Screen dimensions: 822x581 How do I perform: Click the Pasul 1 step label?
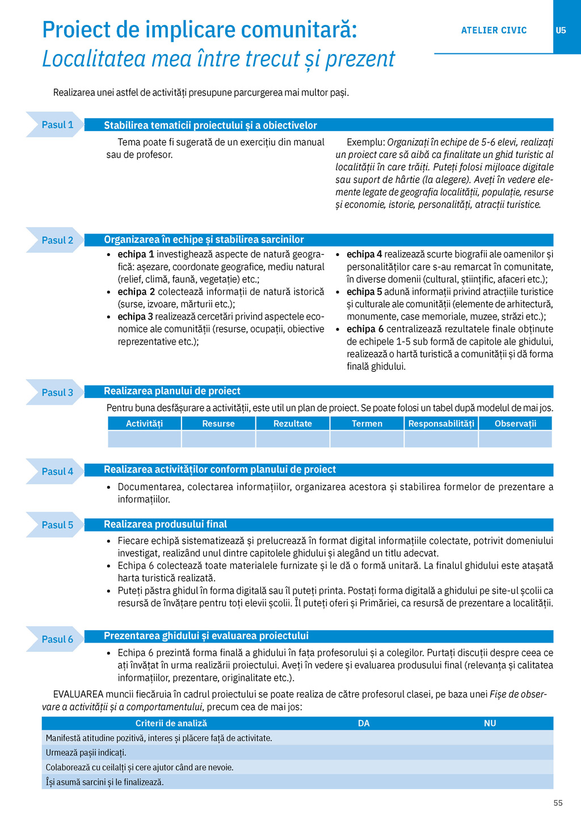pyautogui.click(x=57, y=125)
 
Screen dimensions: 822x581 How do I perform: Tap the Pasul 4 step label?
pyautogui.click(x=57, y=472)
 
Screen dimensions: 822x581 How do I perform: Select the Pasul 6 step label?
pyautogui.click(x=57, y=639)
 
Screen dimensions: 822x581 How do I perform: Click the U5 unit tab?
pyautogui.click(x=561, y=30)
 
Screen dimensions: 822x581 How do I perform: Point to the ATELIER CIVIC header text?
pyautogui.click(x=494, y=30)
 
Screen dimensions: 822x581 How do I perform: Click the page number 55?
pyautogui.click(x=558, y=803)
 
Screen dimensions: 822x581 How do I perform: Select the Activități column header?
pyautogui.click(x=144, y=423)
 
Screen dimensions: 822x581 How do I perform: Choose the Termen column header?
pyautogui.click(x=367, y=423)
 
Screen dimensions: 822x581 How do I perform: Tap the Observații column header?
pyautogui.click(x=515, y=423)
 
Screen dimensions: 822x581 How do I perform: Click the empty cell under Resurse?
pyautogui.click(x=218, y=439)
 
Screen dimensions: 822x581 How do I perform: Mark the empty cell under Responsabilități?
pyautogui.click(x=441, y=439)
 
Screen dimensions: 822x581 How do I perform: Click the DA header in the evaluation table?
pyautogui.click(x=364, y=723)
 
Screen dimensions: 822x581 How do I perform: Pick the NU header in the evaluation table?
pyautogui.click(x=490, y=723)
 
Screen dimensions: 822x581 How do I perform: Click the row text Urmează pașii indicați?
pyautogui.click(x=86, y=753)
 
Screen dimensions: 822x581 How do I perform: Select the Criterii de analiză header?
pyautogui.click(x=171, y=723)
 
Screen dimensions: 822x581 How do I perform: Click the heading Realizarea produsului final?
pyautogui.click(x=165, y=525)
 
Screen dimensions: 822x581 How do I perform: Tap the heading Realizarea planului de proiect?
pyautogui.click(x=172, y=391)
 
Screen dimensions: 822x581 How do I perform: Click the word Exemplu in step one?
pyautogui.click(x=365, y=142)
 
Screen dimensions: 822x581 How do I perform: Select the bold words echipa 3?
pyautogui.click(x=135, y=317)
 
